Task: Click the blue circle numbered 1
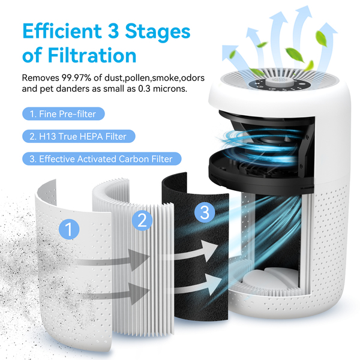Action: [69, 229]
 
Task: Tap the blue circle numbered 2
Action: [142, 220]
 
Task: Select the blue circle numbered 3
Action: [205, 212]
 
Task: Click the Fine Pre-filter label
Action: [64, 114]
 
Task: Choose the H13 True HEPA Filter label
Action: [79, 136]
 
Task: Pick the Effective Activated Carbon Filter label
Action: [102, 159]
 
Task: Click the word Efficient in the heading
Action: [62, 31]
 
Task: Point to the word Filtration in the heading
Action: [92, 55]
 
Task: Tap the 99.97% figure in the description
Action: [76, 78]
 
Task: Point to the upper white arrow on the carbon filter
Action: [195, 251]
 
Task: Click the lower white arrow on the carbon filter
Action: [197, 285]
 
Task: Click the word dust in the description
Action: [114, 78]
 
